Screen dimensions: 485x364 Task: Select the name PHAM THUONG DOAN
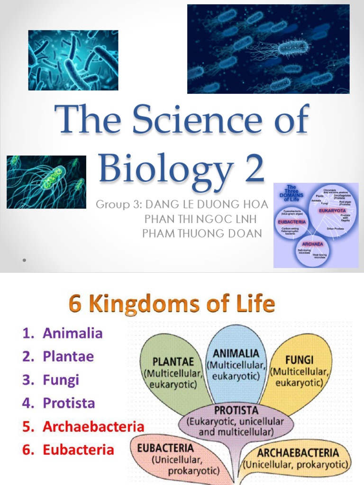pyautogui.click(x=202, y=233)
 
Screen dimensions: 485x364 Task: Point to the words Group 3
pyautogui.click(x=118, y=205)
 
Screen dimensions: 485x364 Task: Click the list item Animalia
pyautogui.click(x=73, y=333)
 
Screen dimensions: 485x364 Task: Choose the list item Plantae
pyautogui.click(x=68, y=356)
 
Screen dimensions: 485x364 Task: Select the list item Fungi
pyautogui.click(x=61, y=379)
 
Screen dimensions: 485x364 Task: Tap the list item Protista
pyautogui.click(x=69, y=403)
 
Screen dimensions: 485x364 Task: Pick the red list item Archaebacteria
pyautogui.click(x=93, y=426)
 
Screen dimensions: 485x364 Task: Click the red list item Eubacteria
pyautogui.click(x=78, y=449)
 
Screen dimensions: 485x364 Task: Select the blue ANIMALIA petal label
pyautogui.click(x=236, y=353)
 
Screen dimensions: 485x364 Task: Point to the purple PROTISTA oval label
pyautogui.click(x=236, y=410)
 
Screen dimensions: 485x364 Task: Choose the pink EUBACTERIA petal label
pyautogui.click(x=165, y=448)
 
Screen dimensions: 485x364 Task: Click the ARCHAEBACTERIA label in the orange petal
pyautogui.click(x=298, y=452)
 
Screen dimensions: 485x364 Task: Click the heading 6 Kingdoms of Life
pyautogui.click(x=172, y=304)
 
